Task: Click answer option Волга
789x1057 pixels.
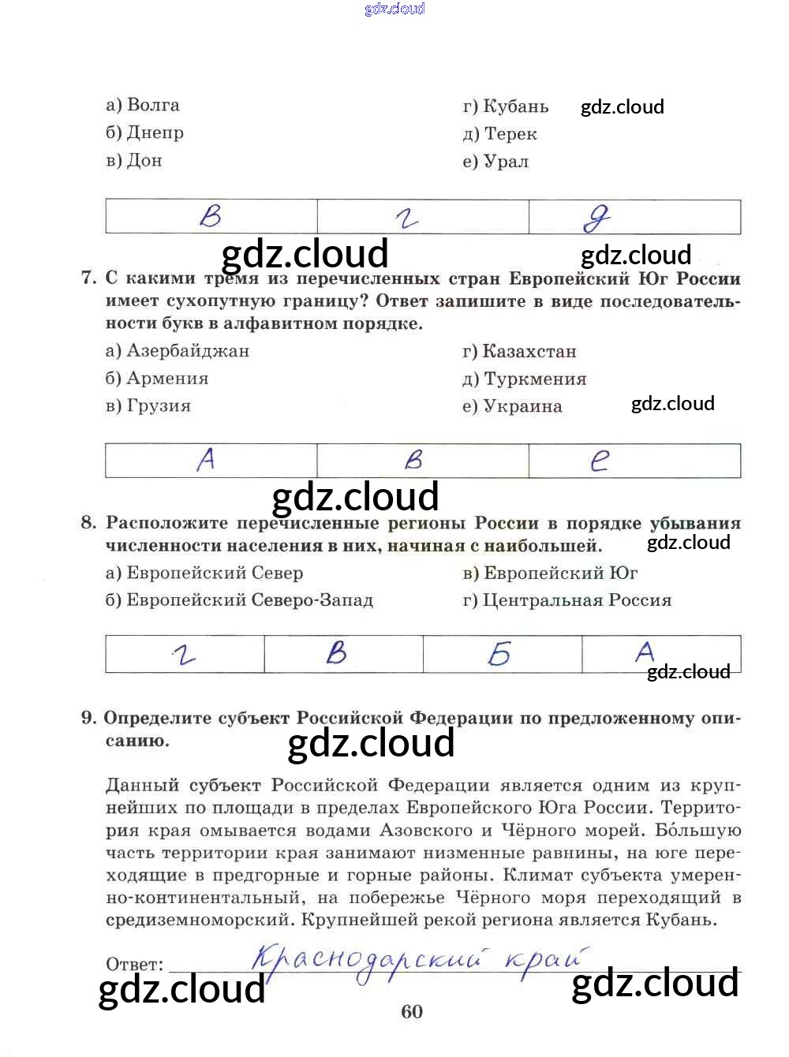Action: [143, 105]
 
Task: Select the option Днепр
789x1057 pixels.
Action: [145, 133]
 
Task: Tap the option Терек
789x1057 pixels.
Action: [500, 134]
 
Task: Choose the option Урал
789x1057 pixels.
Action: [496, 162]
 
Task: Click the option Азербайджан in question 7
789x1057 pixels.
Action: [178, 351]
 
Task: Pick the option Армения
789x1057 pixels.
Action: [157, 379]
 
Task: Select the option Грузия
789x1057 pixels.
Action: [148, 406]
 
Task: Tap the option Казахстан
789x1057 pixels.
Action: [520, 352]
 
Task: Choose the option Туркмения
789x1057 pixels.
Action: [525, 379]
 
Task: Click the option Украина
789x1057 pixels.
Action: [512, 407]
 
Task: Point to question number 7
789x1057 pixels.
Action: [88, 278]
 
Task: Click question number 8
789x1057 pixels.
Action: [88, 522]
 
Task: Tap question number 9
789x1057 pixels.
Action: [88, 718]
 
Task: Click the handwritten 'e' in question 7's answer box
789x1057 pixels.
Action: [600, 460]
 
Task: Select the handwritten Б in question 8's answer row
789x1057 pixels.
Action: [499, 654]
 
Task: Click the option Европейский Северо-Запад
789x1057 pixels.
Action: [240, 600]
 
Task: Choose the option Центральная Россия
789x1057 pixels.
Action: [567, 600]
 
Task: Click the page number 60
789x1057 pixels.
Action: [412, 1012]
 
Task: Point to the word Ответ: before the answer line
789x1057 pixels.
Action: [135, 965]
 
